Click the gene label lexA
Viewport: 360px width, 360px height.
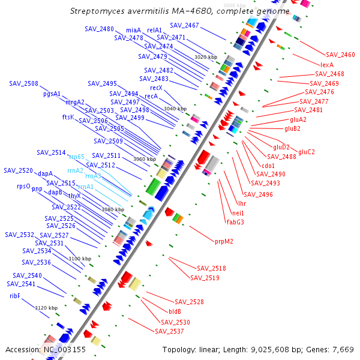tap(327, 64)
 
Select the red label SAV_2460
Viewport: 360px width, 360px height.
tap(340, 55)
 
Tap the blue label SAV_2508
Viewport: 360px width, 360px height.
tap(23, 84)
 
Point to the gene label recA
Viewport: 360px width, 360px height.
tap(151, 96)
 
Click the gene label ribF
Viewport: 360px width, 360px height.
tap(15, 296)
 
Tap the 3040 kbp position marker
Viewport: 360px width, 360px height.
tap(175, 109)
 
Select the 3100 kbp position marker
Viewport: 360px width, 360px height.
tap(80, 259)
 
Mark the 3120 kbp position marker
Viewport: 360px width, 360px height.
tap(46, 308)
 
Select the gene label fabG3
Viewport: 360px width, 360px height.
tap(235, 222)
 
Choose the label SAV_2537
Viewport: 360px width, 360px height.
tap(169, 331)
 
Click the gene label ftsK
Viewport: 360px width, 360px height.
tap(68, 117)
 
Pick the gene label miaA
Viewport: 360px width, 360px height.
tap(134, 30)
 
